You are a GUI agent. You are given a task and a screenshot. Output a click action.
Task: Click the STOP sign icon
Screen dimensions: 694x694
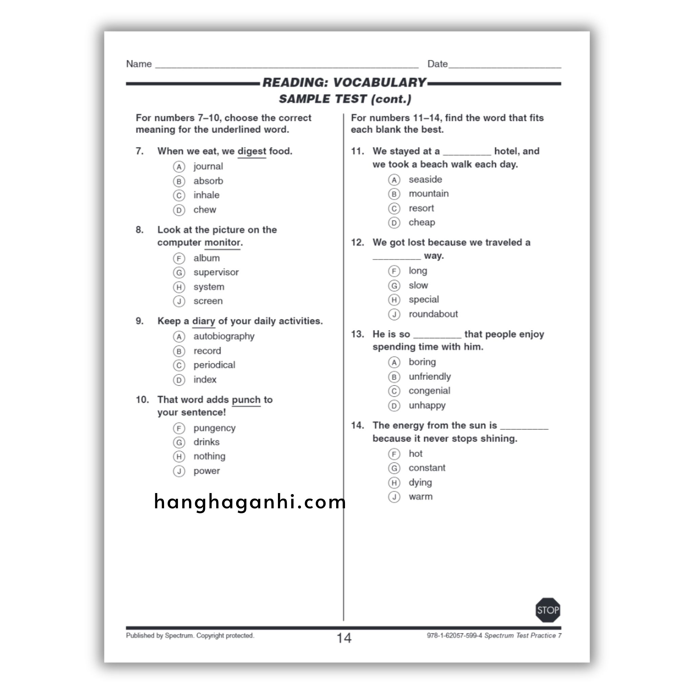click(548, 610)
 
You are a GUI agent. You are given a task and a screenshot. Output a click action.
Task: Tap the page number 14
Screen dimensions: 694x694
click(344, 638)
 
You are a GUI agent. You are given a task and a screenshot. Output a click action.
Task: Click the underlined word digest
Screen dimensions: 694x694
click(251, 151)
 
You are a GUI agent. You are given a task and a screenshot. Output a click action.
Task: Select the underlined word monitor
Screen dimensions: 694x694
click(222, 243)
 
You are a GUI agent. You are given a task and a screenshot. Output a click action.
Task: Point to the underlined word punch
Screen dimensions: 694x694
click(246, 400)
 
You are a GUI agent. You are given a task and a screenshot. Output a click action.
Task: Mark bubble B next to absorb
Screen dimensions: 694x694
click(179, 181)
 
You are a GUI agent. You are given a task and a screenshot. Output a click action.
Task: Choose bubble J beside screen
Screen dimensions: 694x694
click(179, 301)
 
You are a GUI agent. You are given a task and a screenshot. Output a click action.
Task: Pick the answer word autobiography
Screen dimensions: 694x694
click(224, 336)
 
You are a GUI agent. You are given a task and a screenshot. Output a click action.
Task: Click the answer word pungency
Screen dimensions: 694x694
click(215, 428)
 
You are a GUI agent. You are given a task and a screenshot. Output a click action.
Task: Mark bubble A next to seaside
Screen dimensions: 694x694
click(394, 180)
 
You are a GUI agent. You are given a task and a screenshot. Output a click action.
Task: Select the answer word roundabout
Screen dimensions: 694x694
click(433, 314)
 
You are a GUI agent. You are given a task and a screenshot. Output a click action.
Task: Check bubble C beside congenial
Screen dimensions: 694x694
click(394, 391)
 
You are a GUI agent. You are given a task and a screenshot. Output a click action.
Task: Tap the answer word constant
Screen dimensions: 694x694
click(427, 468)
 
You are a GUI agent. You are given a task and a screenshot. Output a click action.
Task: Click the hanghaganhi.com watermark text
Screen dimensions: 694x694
click(250, 502)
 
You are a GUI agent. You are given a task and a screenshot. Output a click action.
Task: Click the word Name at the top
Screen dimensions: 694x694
click(139, 64)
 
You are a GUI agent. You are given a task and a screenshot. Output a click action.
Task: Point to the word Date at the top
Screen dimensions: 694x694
click(437, 64)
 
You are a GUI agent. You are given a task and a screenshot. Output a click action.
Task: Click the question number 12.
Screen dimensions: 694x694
click(358, 243)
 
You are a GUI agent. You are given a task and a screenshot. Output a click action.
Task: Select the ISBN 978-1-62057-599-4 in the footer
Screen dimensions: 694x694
click(454, 635)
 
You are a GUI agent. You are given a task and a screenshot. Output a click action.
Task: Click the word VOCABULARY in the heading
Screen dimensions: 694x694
click(379, 83)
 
